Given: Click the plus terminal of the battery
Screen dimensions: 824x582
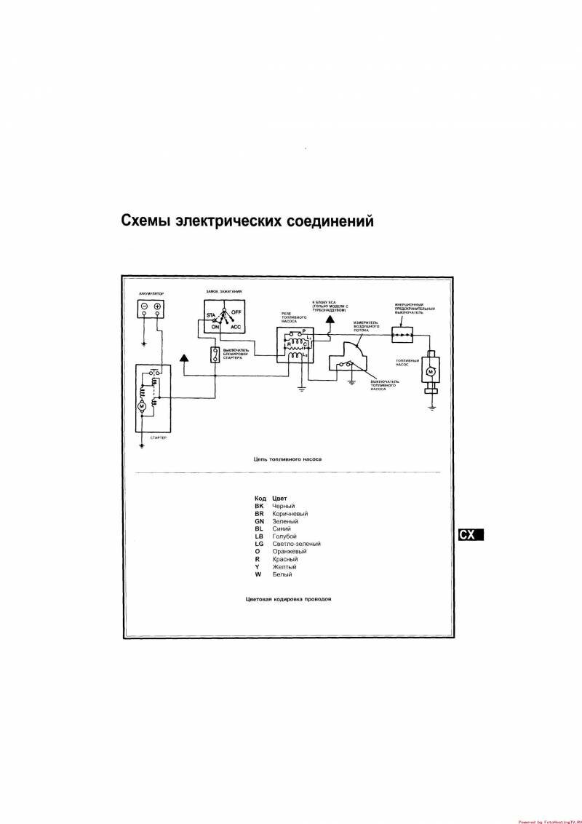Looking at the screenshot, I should [157, 306].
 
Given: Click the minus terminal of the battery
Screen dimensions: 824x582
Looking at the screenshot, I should [145, 306].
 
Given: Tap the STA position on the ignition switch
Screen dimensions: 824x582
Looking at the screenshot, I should [210, 315].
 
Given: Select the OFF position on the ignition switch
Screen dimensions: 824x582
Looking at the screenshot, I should [236, 311].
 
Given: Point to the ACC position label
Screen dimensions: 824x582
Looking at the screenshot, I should [236, 328].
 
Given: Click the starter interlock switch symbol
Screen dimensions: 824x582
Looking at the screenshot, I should [215, 355].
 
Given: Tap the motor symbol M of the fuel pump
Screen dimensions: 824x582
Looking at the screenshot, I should [430, 372].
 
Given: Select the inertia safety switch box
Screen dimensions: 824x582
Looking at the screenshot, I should [402, 334].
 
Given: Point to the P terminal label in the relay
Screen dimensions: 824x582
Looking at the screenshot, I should [303, 331].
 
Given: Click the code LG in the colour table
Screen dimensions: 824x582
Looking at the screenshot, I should [259, 544].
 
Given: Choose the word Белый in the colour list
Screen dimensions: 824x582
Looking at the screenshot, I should [282, 574].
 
